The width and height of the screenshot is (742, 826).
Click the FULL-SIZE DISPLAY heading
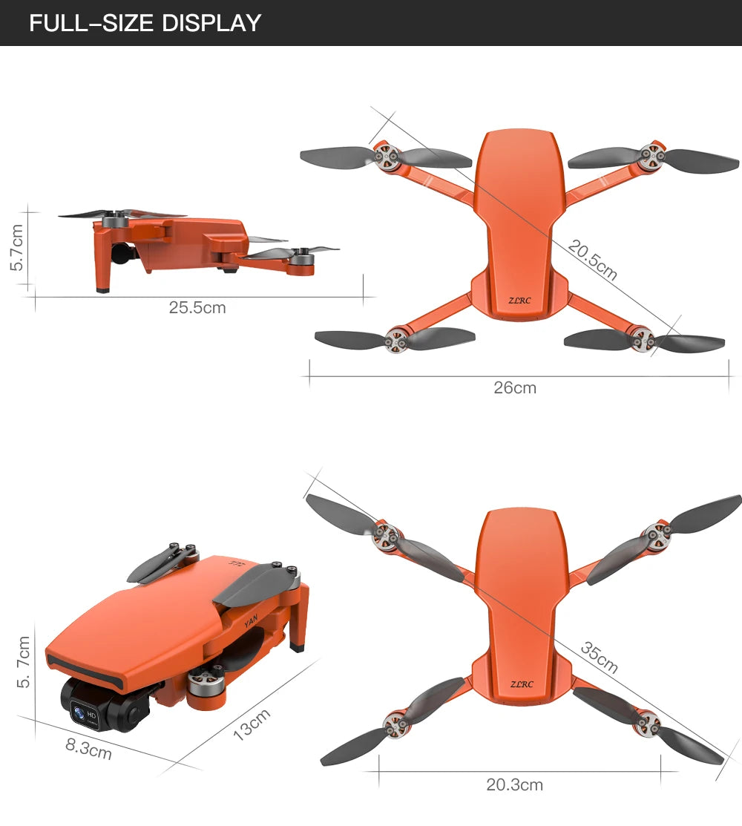pos(145,23)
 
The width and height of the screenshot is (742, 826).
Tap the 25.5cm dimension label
pos(197,307)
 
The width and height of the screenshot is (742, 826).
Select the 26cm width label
pos(515,387)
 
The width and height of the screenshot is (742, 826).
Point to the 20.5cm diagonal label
pos(592,260)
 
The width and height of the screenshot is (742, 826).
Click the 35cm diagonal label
pos(599,658)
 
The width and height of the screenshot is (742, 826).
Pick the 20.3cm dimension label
pos(514,784)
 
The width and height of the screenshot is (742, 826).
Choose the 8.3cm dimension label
pos(88,748)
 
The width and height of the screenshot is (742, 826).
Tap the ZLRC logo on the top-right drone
pos(520,301)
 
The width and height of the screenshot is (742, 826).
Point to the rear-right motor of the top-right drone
pos(642,338)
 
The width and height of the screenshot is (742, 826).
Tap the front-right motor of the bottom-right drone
pos(656,532)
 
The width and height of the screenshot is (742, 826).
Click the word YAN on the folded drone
pos(252,620)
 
